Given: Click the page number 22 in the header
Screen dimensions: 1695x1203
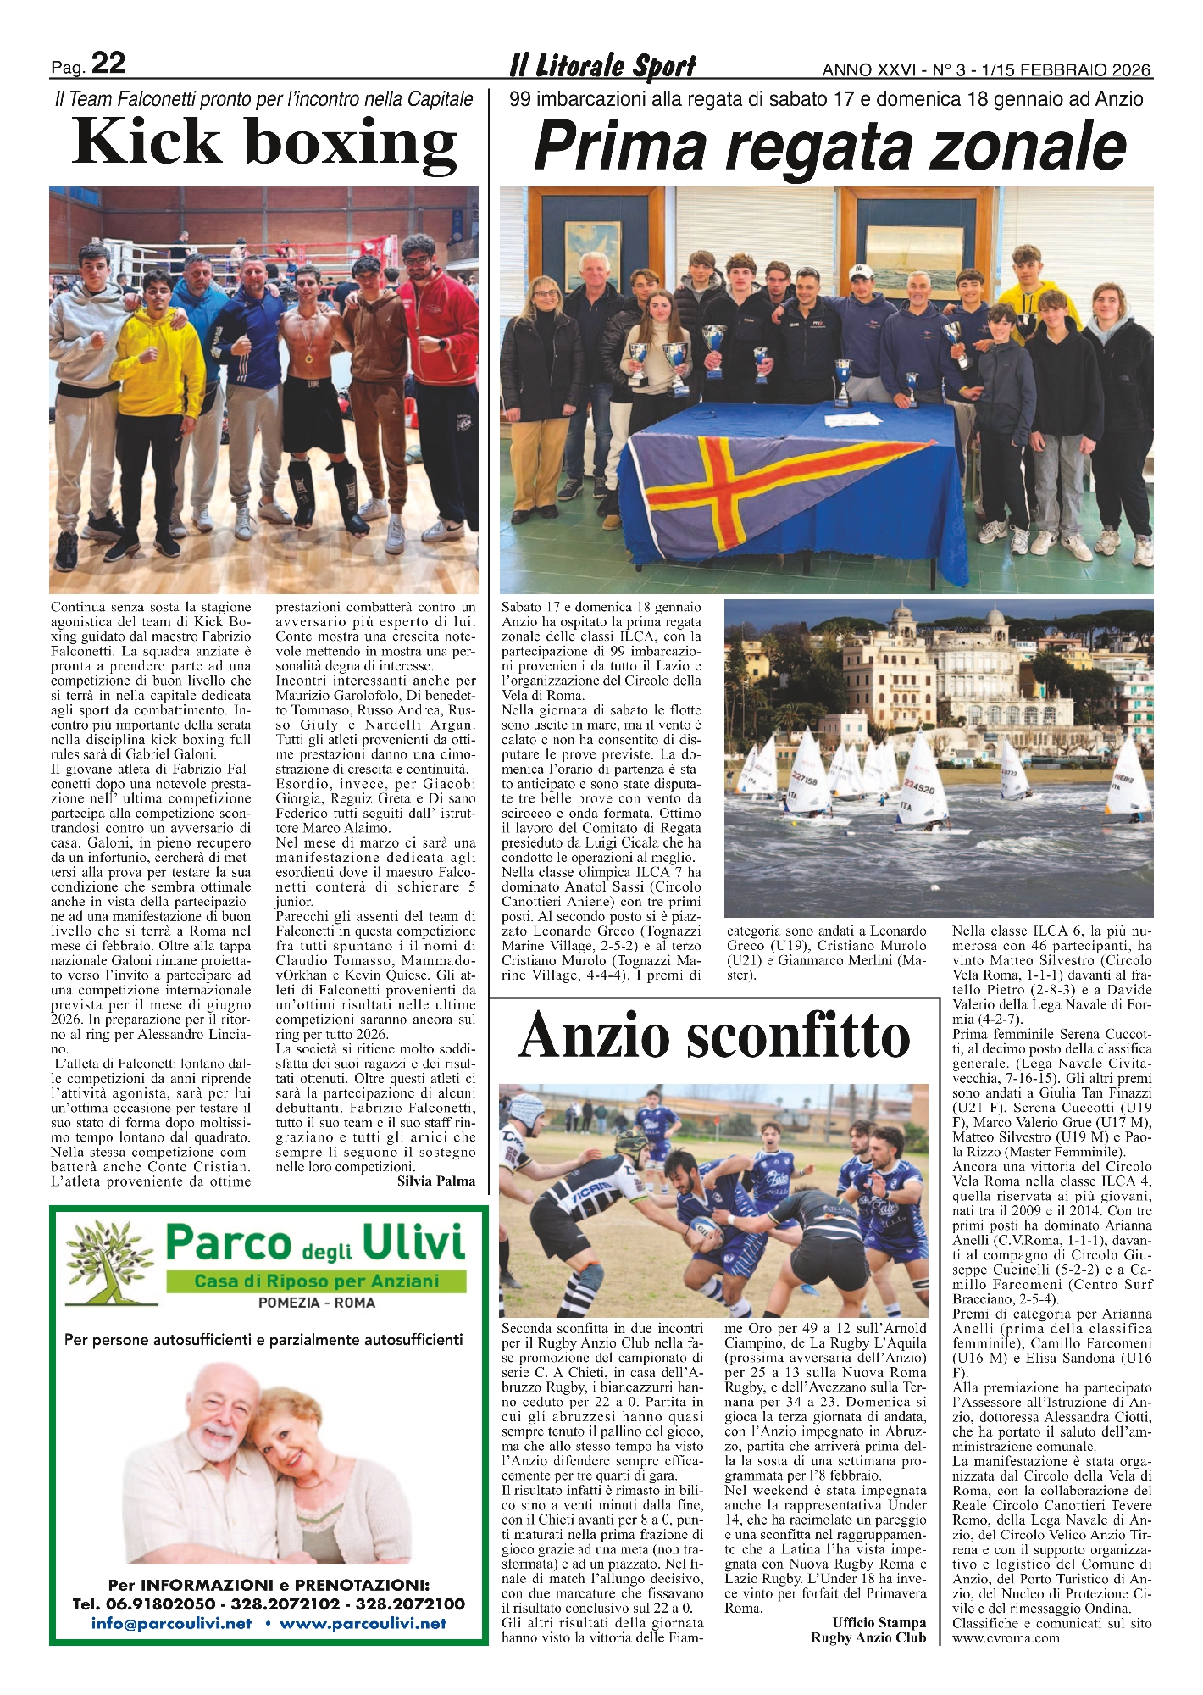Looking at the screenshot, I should [108, 64].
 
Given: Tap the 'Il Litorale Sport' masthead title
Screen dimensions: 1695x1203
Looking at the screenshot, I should [602, 66].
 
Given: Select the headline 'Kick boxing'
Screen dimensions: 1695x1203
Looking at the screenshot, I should [264, 142].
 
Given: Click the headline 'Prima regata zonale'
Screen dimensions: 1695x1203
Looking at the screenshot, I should [829, 146].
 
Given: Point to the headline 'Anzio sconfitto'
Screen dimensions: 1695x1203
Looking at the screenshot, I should [714, 1036].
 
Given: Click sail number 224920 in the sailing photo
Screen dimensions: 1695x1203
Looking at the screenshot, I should [919, 787].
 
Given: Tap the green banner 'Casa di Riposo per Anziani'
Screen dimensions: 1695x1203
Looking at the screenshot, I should [316, 1281].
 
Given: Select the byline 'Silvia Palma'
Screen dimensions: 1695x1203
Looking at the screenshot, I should [435, 1181].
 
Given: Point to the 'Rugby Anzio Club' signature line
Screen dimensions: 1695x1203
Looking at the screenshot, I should [868, 1637].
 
